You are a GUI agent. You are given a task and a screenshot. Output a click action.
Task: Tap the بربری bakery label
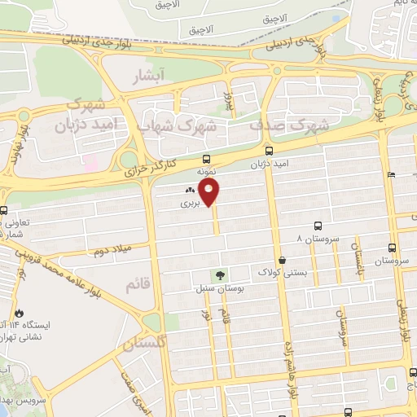pyautogui.click(x=189, y=204)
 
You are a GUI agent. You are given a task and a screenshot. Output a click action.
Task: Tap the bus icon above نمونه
pyautogui.click(x=206, y=160)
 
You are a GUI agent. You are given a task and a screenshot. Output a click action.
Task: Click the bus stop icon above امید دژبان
pyautogui.click(x=269, y=150)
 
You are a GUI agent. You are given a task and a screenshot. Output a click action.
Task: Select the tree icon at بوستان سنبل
pyautogui.click(x=217, y=275)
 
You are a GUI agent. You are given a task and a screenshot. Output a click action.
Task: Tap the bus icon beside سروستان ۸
pyautogui.click(x=317, y=227)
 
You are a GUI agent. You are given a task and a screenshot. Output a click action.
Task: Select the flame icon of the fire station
pyautogui.click(x=19, y=313)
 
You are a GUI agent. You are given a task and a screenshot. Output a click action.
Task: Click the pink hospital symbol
pyautogui.click(x=91, y=163)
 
